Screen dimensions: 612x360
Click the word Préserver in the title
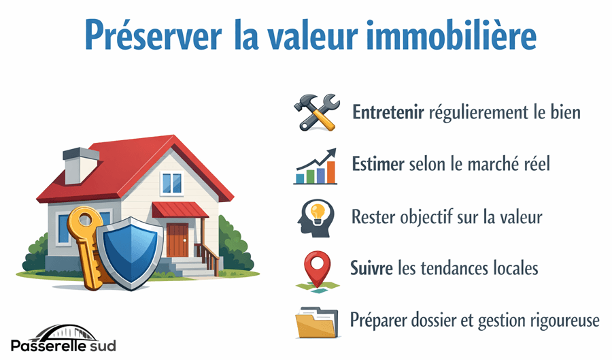(154, 35)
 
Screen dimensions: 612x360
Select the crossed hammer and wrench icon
(316, 112)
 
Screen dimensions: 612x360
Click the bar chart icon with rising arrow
(316, 166)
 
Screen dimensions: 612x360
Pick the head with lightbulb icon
(316, 218)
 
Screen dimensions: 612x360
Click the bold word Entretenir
(388, 112)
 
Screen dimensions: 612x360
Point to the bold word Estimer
(378, 164)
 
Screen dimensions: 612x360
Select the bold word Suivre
(371, 268)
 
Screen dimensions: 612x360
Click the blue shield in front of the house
(131, 253)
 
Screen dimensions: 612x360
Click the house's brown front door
(177, 240)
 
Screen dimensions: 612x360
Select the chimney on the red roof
(80, 165)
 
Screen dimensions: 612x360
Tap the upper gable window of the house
(172, 183)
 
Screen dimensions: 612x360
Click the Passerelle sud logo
(63, 338)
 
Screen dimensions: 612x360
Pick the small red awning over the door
(180, 210)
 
